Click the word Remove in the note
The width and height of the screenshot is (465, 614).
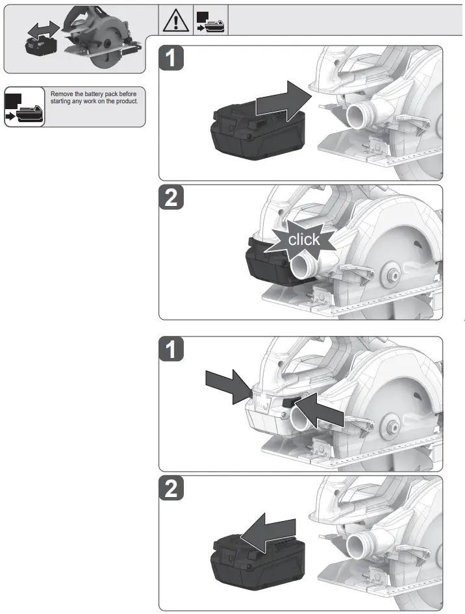pos(62,94)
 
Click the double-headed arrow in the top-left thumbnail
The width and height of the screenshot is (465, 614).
pos(44,30)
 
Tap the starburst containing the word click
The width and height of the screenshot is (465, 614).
pos(304,240)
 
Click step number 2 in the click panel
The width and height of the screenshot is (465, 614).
pos(171,199)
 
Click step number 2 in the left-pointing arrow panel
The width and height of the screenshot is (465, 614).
pos(171,489)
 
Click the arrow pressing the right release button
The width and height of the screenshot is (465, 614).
pos(322,411)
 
